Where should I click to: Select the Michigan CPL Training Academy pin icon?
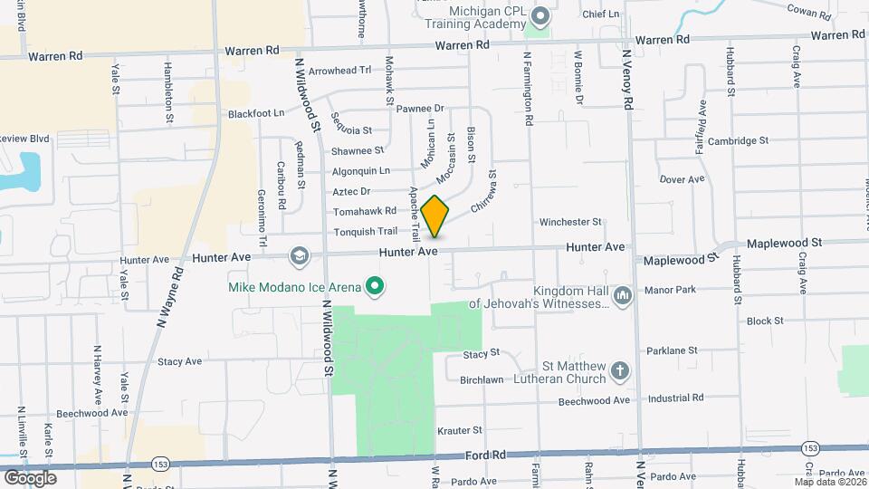[x=541, y=16]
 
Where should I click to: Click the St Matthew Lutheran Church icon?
[x=620, y=371]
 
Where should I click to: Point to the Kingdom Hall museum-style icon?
[x=622, y=296]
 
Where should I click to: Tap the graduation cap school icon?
[x=298, y=257]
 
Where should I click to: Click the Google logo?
[x=30, y=477]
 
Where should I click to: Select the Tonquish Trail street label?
[x=366, y=231]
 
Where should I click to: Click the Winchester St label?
[x=570, y=222]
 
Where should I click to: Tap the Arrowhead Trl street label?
[x=339, y=70]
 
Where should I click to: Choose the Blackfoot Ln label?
[x=256, y=114]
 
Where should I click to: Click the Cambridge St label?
[x=738, y=141]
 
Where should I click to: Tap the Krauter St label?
[x=460, y=430]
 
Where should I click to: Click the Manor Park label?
[x=671, y=290]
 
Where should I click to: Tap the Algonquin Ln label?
[x=360, y=170]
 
